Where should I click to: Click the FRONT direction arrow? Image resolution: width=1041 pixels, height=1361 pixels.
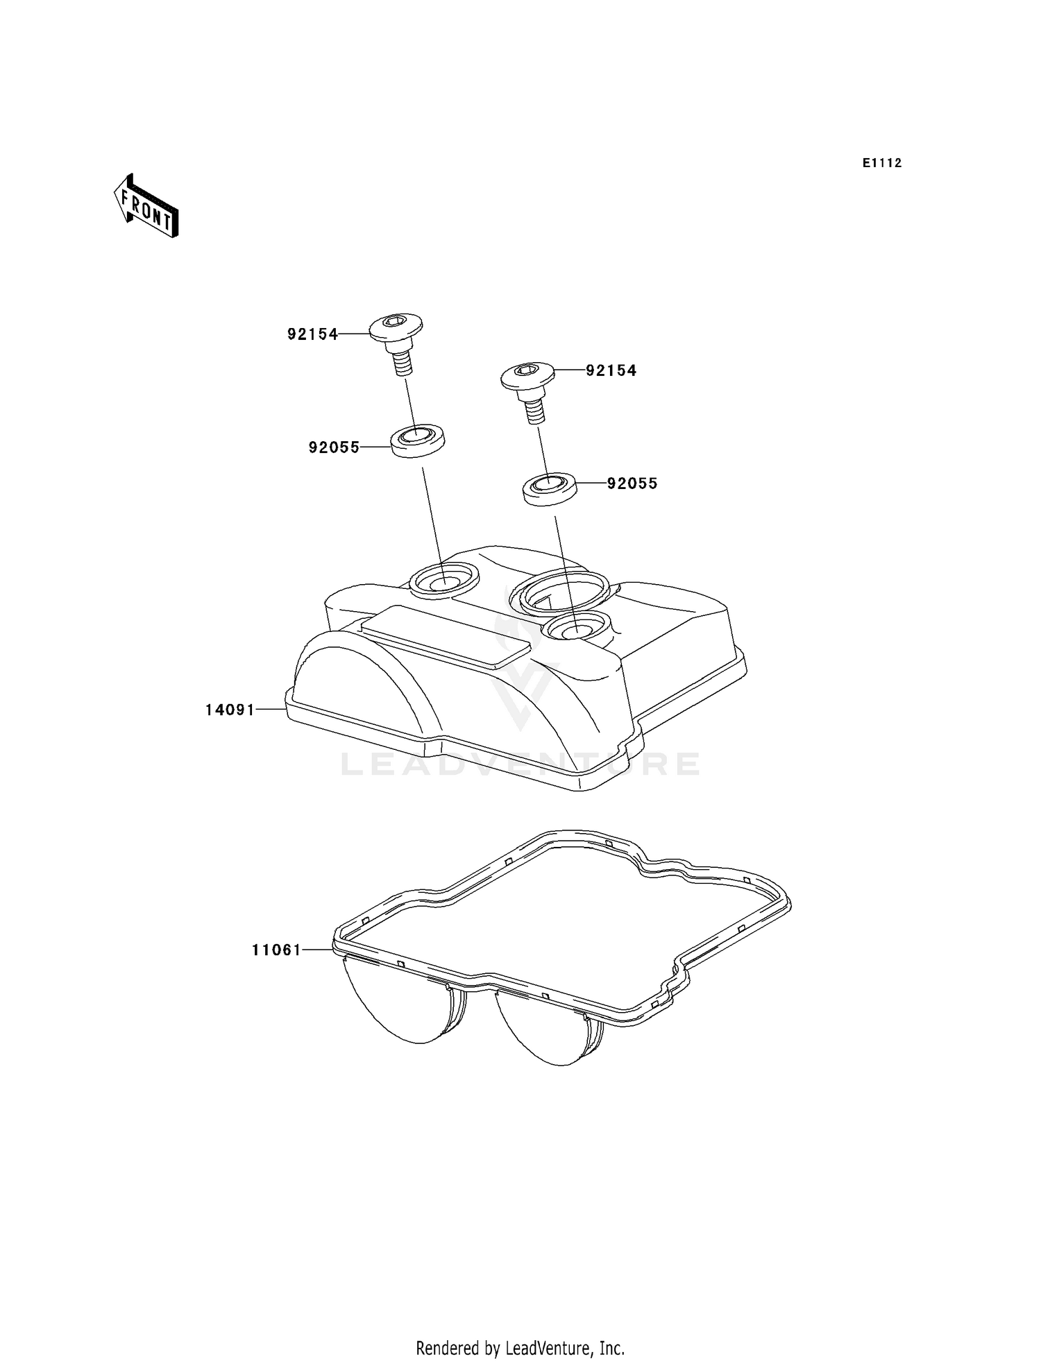[146, 207]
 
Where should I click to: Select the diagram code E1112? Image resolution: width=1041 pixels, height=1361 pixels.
[882, 163]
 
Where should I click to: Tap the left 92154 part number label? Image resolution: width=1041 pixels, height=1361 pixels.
[312, 334]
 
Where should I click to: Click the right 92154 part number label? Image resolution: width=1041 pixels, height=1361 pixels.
[611, 370]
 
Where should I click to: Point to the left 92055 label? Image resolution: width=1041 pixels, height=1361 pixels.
[334, 447]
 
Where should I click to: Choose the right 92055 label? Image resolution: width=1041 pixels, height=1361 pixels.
[632, 483]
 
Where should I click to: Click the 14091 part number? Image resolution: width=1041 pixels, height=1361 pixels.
[230, 710]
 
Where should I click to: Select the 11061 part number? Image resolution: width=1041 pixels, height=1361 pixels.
[276, 950]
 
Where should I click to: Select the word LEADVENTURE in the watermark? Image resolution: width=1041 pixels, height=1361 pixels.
[520, 764]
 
